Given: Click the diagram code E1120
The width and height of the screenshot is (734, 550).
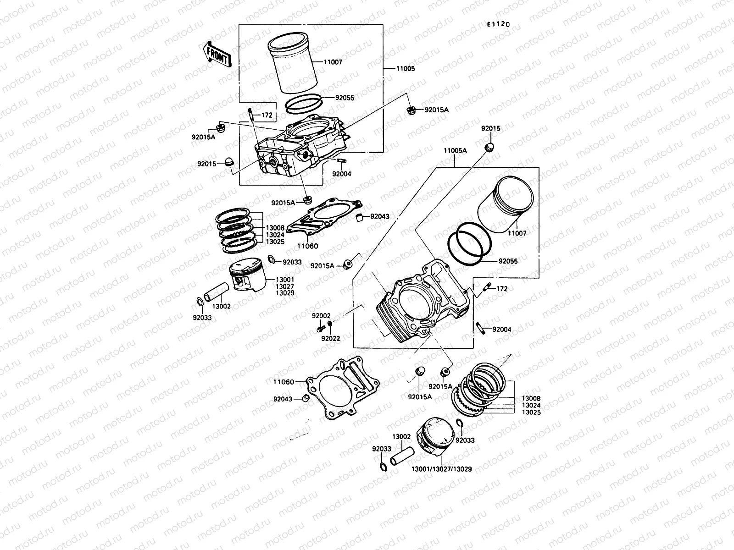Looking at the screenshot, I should point(498,24).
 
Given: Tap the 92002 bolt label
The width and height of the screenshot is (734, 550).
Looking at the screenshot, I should point(321,316).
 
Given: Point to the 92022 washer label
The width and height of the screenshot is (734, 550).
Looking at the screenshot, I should point(330,339).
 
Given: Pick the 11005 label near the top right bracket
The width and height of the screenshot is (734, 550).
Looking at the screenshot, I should point(405,69).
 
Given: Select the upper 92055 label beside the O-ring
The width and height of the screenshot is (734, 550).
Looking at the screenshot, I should point(345,98).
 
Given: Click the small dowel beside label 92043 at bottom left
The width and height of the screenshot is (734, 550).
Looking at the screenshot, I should point(305,397).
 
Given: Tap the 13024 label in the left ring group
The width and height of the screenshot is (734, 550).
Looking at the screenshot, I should point(275,235).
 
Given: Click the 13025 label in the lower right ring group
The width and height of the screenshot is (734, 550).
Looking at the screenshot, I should point(531,412).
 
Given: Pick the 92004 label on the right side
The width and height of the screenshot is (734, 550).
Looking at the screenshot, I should point(502,330).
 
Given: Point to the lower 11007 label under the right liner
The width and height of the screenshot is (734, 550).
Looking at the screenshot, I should point(517,233).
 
